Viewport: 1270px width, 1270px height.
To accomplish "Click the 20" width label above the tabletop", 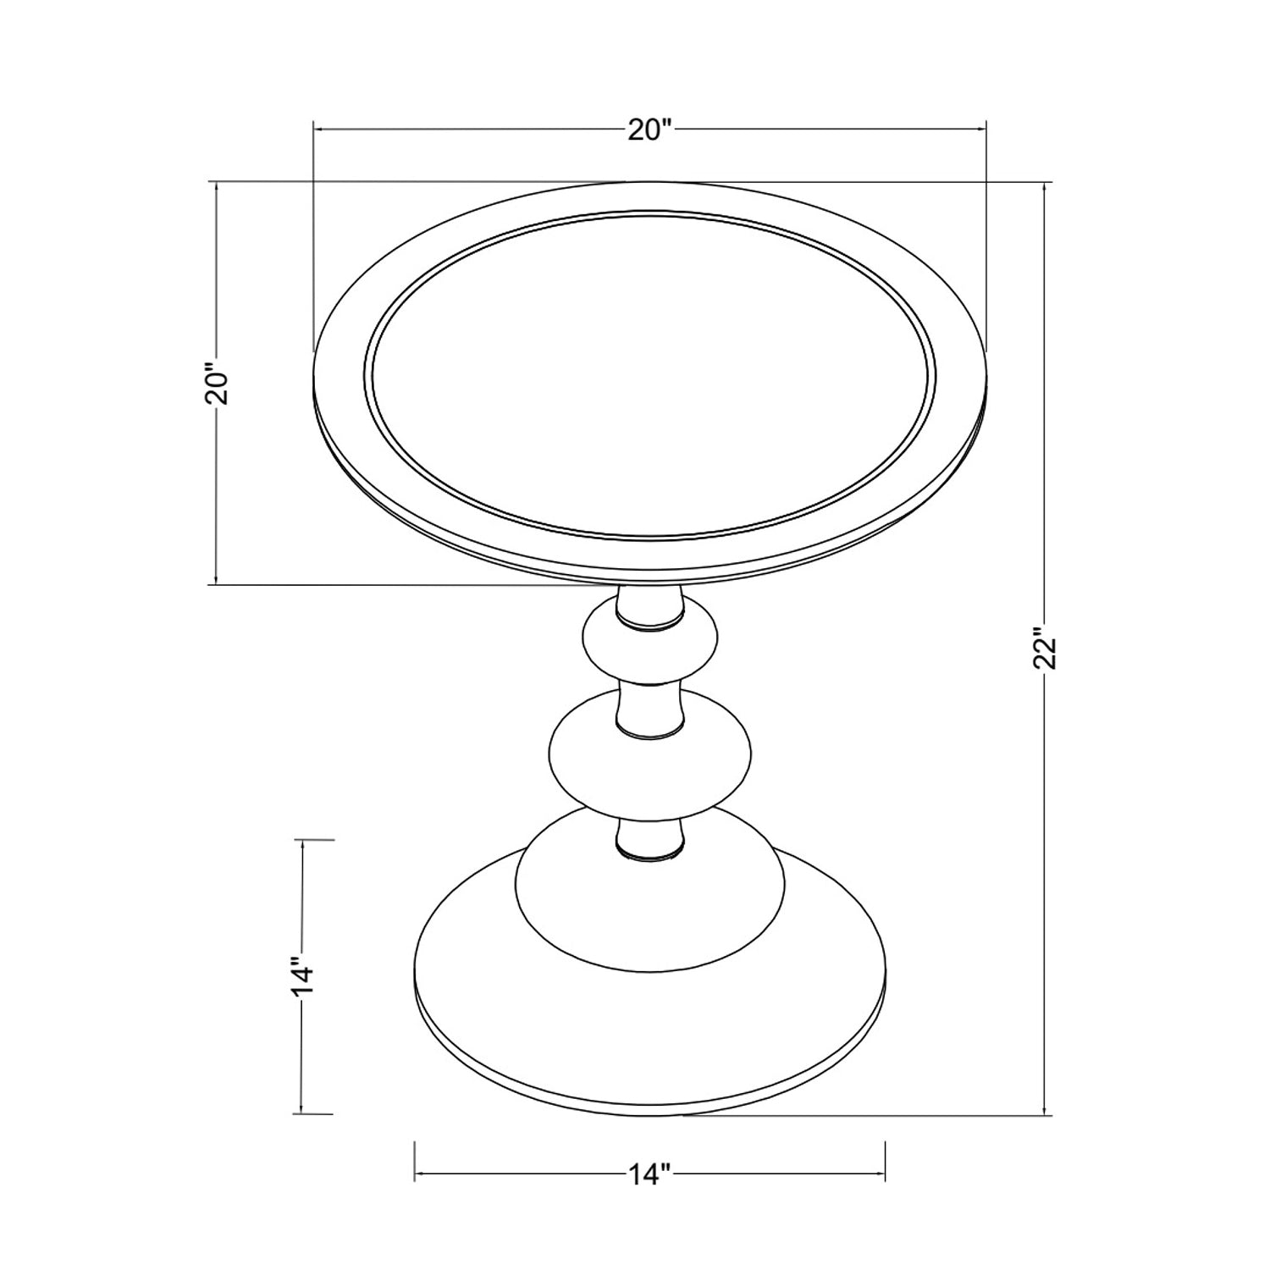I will pyautogui.click(x=649, y=130).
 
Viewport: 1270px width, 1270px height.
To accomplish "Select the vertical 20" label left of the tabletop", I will pyautogui.click(x=218, y=385).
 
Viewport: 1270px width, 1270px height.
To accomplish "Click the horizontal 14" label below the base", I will pyautogui.click(x=649, y=1174).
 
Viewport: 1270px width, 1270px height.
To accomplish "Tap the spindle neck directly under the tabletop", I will pyautogui.click(x=649, y=608).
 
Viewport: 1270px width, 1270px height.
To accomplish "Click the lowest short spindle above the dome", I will pyautogui.click(x=649, y=838).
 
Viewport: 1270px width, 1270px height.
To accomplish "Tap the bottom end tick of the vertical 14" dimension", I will pyautogui.click(x=302, y=1113).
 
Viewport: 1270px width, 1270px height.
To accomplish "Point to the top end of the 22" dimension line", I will pyautogui.click(x=1046, y=183).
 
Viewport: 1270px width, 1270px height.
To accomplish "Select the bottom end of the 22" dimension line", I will pyautogui.click(x=1046, y=1114).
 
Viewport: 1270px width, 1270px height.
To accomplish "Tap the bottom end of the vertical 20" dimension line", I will pyautogui.click(x=218, y=583).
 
